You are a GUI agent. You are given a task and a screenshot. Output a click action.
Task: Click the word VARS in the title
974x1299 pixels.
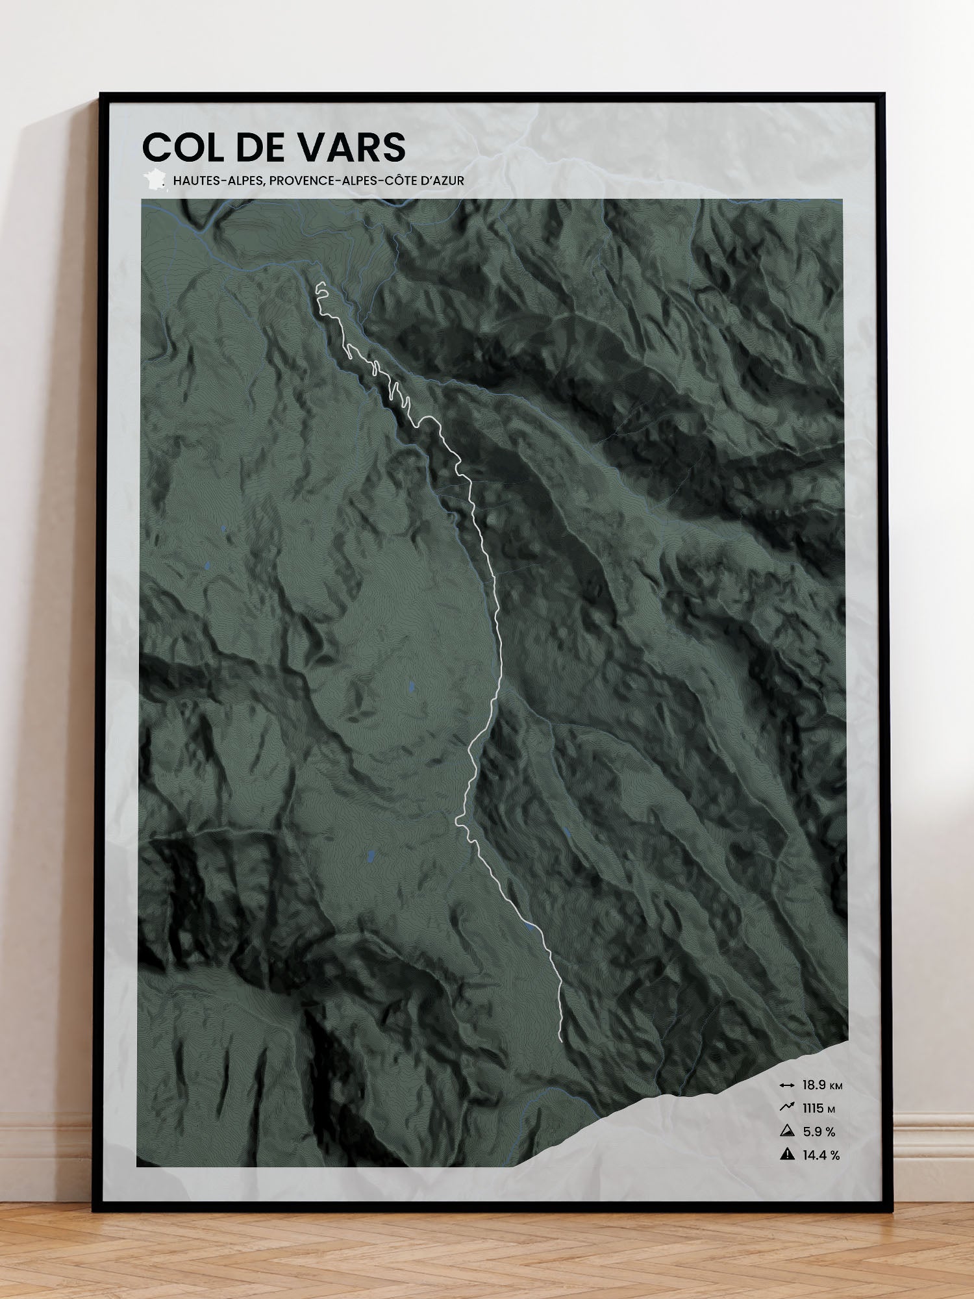coord(352,147)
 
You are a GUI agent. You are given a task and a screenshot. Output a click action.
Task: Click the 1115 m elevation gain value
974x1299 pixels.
coord(812,1109)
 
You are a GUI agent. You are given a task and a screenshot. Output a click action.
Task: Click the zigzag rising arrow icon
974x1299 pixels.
coord(787,1108)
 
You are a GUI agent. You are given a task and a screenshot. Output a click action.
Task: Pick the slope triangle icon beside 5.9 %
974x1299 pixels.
coord(787,1131)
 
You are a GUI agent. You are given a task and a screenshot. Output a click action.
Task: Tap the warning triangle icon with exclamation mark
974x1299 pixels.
coord(787,1155)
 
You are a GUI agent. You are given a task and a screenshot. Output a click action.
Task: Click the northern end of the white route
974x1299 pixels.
coord(319,284)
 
